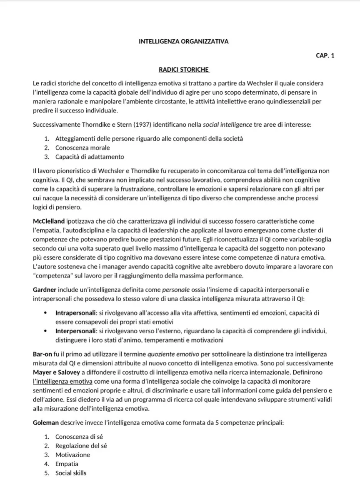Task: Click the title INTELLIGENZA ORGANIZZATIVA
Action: click(x=183, y=41)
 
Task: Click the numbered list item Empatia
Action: click(x=67, y=464)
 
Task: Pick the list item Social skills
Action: click(x=71, y=473)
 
